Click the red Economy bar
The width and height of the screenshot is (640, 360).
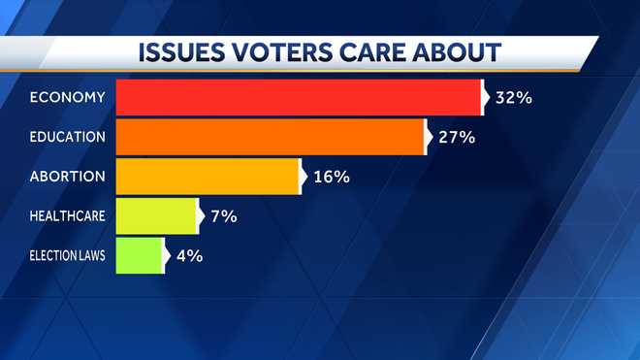[299, 97]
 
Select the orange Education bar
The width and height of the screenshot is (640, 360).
[270, 137]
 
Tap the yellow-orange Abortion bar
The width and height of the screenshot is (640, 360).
[207, 177]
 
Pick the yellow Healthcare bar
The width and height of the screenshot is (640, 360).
[156, 216]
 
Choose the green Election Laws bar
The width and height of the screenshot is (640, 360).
[139, 256]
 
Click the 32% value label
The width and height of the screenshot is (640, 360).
[514, 97]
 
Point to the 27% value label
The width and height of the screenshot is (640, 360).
[456, 137]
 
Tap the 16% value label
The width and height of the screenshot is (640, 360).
[331, 177]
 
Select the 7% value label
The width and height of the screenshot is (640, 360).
[224, 216]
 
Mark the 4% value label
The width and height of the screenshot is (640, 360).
[190, 256]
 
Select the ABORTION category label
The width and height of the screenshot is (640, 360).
[68, 177]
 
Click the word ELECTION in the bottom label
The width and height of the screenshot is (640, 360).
[50, 256]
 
